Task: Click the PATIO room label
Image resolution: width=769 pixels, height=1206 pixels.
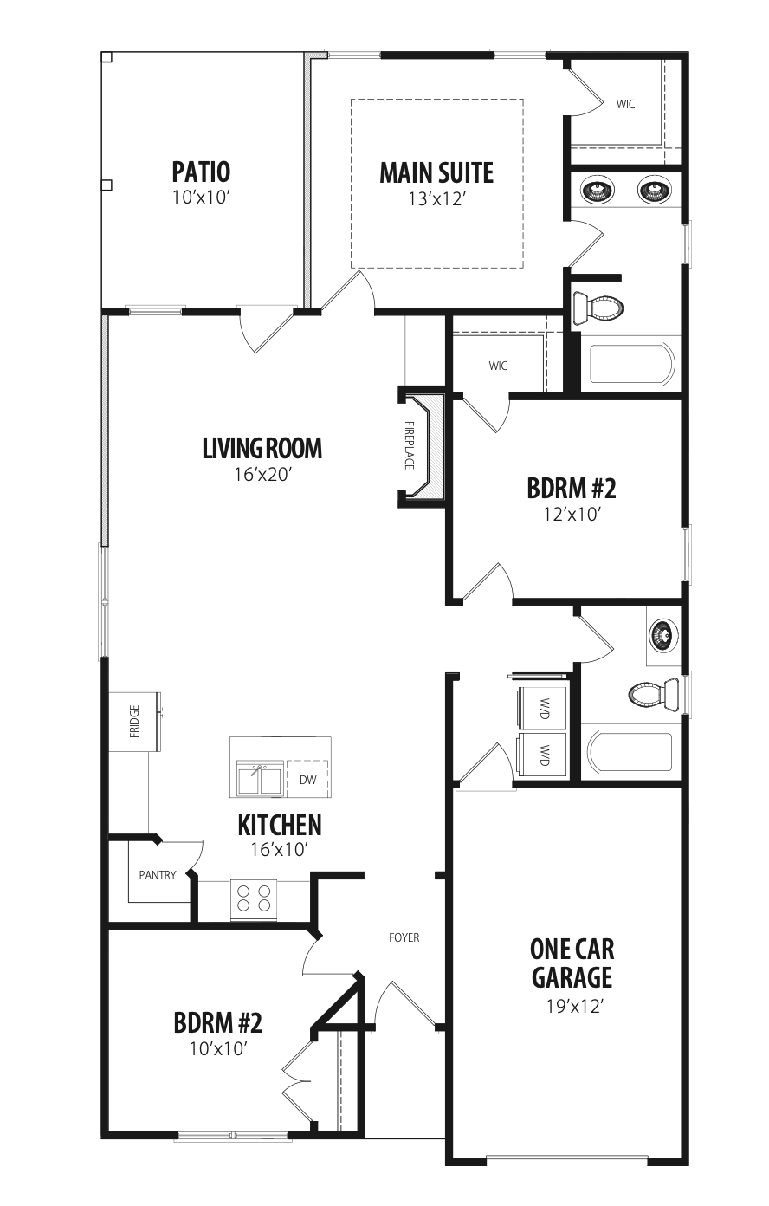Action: pos(201,172)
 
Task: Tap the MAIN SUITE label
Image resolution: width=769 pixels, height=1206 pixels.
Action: pos(436,172)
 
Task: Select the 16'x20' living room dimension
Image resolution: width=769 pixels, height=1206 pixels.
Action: pos(262,474)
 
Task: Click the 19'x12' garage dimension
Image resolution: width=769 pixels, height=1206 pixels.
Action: pos(572,1006)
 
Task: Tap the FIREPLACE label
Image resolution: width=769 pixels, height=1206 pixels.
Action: pos(409,444)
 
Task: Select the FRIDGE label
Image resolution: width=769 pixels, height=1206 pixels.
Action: pos(134,721)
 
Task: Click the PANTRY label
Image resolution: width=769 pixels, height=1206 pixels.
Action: pos(157,875)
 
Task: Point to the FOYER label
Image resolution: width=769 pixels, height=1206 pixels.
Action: pos(404,937)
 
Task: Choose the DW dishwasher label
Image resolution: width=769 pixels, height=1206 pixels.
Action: pos(307,779)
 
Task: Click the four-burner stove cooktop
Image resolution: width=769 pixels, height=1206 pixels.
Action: pos(254,898)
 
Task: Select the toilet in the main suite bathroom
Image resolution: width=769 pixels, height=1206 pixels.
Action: pos(598,308)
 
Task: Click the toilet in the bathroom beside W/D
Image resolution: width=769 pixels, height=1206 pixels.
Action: pos(654,695)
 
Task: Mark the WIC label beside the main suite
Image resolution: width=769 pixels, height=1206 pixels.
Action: pos(625,104)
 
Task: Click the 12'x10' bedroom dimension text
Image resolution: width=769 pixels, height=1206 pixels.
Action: pos(572,515)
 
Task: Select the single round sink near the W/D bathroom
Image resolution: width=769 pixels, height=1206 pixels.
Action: pos(663,634)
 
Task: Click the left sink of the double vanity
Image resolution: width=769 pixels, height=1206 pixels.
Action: pos(597,190)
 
